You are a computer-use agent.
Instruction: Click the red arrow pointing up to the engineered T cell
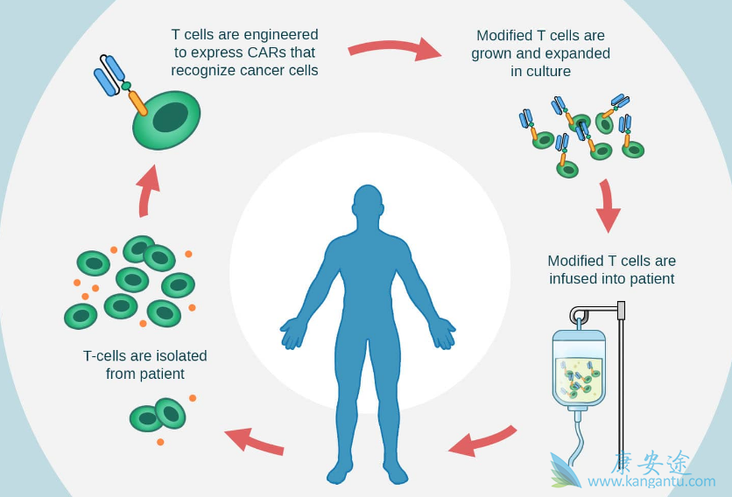click(149, 189)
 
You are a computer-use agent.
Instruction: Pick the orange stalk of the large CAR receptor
click(137, 101)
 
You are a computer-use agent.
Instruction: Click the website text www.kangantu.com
click(651, 481)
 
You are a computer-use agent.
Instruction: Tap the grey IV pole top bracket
click(621, 310)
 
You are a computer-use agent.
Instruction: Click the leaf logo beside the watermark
click(565, 470)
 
